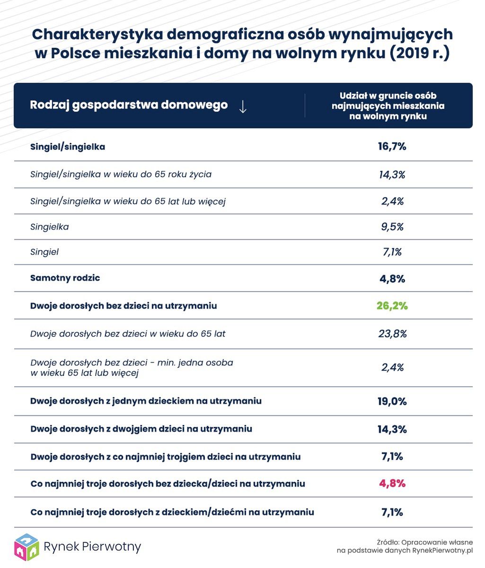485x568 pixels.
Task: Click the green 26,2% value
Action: coord(392,306)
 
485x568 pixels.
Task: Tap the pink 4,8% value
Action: coord(392,484)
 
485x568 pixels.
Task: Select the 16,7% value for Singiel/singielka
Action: coord(392,146)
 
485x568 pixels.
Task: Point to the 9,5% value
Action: coord(392,227)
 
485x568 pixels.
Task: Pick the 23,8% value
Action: coord(392,334)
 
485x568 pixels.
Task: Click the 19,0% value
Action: coord(392,401)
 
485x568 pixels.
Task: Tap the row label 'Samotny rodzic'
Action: coord(65,278)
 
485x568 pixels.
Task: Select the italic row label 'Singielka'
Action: coord(49,227)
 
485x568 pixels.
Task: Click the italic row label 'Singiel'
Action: coord(44,252)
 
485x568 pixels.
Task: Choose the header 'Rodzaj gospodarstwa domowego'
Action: coord(129,105)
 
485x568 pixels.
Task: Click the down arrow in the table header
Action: coord(243,106)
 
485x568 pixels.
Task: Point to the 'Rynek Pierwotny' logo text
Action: coord(92,547)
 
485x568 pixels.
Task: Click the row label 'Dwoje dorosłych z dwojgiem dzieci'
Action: coord(141,429)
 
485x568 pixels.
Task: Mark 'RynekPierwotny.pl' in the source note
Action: coord(443,550)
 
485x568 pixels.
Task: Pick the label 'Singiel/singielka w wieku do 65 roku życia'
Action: coord(121,174)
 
